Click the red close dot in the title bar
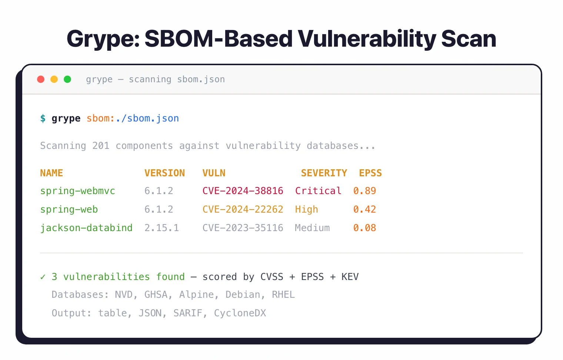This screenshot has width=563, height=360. pyautogui.click(x=41, y=79)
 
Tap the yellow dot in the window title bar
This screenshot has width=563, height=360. pyautogui.click(x=54, y=79)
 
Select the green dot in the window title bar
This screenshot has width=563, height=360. pyautogui.click(x=67, y=79)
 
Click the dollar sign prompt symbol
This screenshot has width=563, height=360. pyautogui.click(x=43, y=119)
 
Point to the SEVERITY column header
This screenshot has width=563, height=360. pyautogui.click(x=324, y=173)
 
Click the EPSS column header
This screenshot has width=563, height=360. pyautogui.click(x=370, y=173)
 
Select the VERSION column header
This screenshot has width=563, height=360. pyautogui.click(x=164, y=173)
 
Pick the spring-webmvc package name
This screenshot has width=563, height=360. pyautogui.click(x=77, y=191)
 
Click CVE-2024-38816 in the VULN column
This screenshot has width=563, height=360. pyautogui.click(x=243, y=191)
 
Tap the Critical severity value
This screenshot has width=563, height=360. pyautogui.click(x=318, y=191)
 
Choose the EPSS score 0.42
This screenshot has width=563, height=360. pyautogui.click(x=364, y=209)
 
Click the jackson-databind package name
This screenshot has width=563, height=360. pyautogui.click(x=86, y=228)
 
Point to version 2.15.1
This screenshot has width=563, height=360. pyautogui.click(x=161, y=228)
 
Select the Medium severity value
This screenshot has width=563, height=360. pyautogui.click(x=312, y=228)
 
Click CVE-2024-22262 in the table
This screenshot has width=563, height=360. pyautogui.click(x=243, y=209)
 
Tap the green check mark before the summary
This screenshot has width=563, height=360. pyautogui.click(x=43, y=277)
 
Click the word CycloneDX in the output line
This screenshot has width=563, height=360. pyautogui.click(x=240, y=313)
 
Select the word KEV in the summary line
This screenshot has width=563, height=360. pyautogui.click(x=350, y=277)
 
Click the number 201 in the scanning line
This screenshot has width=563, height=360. pyautogui.click(x=101, y=146)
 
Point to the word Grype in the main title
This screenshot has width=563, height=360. pyautogui.click(x=103, y=39)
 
